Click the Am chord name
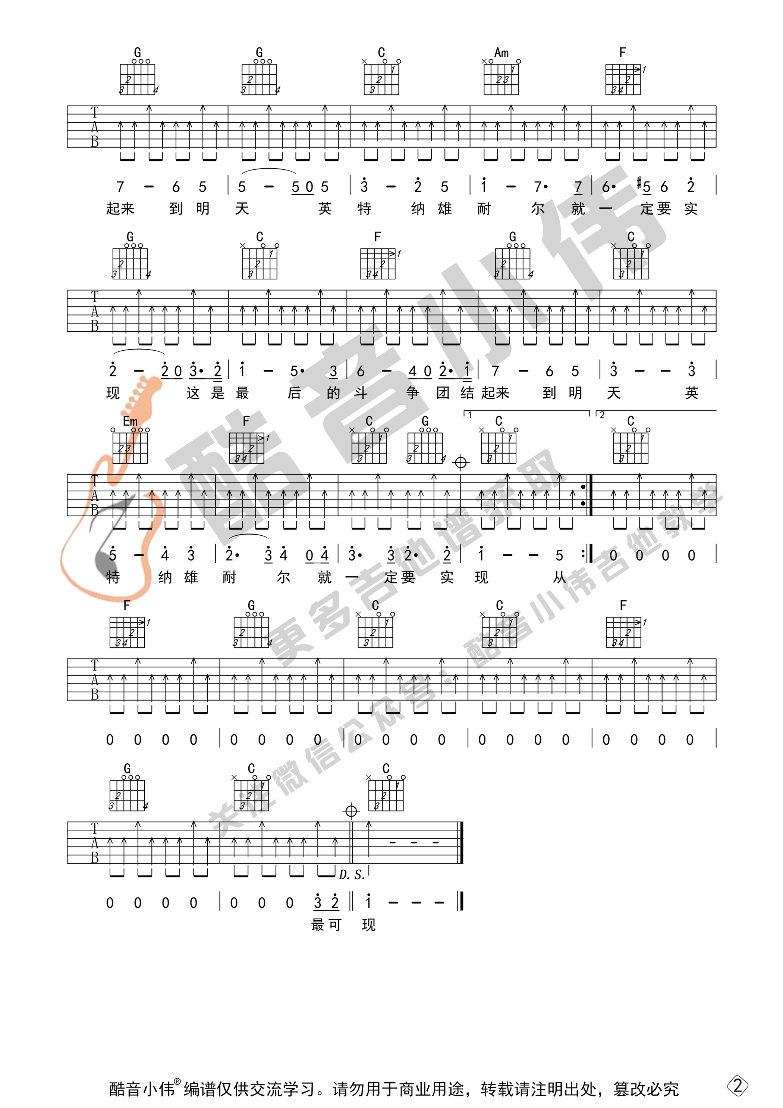[501, 53]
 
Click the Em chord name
[130, 421]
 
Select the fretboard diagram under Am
[501, 79]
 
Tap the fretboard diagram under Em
[130, 447]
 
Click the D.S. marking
[352, 875]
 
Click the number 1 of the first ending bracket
[469, 415]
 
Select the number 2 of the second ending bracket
[601, 415]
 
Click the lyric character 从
[559, 577]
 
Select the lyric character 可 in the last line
[334, 925]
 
